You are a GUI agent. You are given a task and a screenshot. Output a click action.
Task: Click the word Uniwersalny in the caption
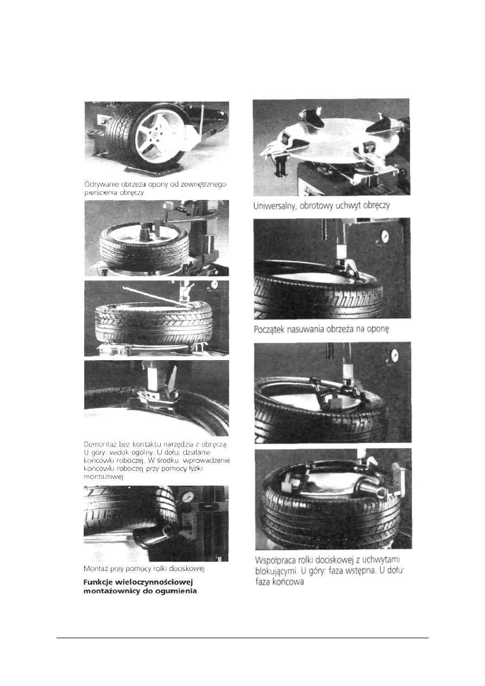coord(273,206)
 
